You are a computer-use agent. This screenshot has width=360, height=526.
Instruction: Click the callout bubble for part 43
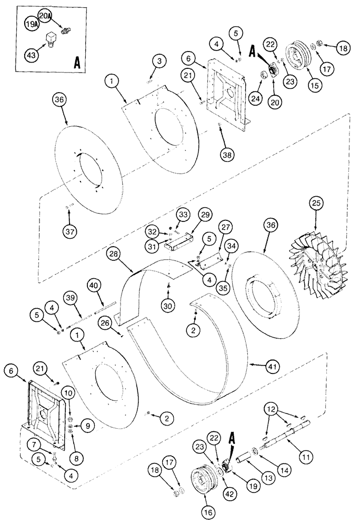coord(32,54)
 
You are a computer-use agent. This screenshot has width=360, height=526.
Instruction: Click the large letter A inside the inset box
coord(77,63)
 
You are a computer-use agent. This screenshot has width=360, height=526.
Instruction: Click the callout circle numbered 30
coord(168,305)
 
